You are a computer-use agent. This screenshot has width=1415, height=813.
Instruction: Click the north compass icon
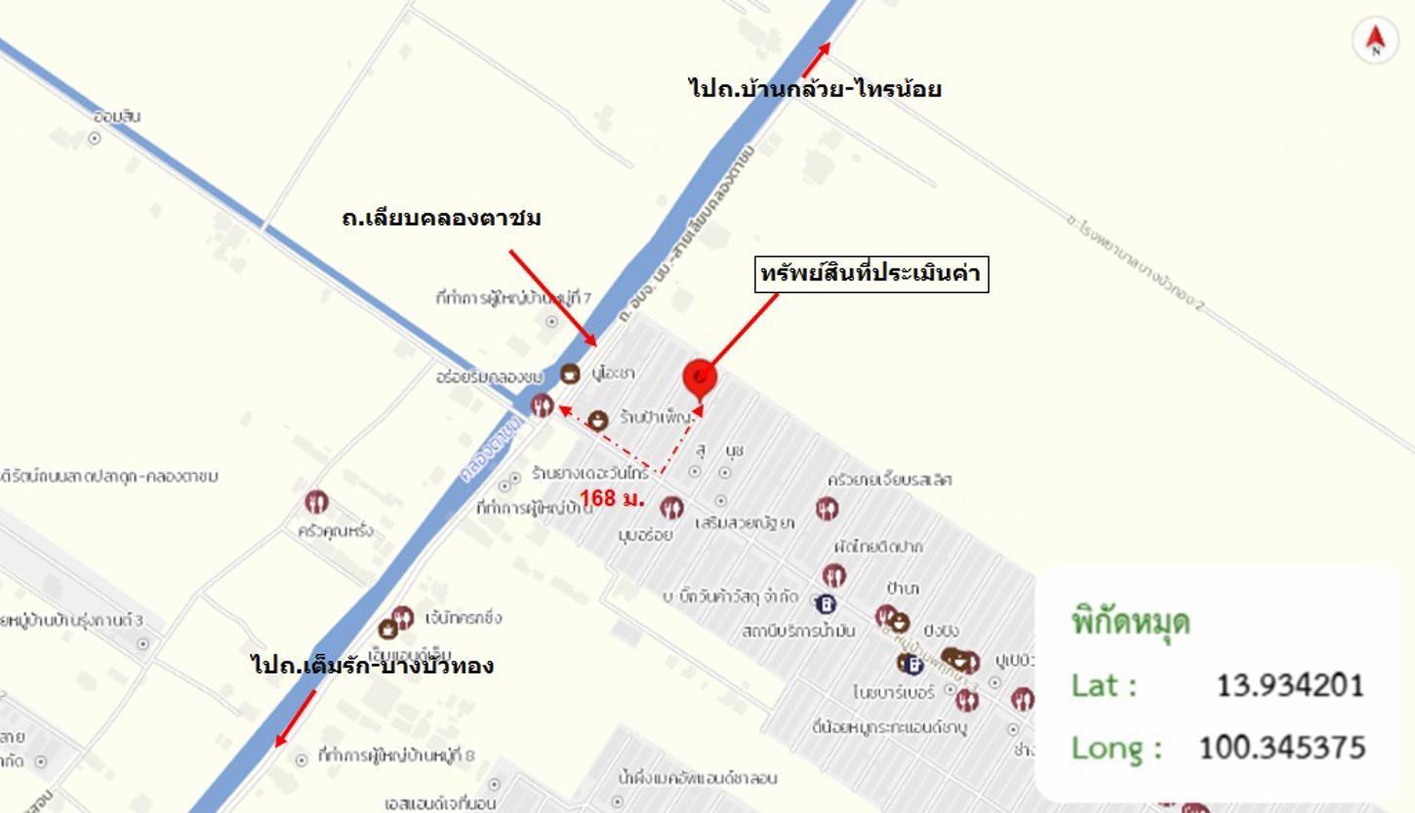tap(1375, 40)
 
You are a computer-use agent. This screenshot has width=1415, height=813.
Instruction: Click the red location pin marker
tap(700, 378)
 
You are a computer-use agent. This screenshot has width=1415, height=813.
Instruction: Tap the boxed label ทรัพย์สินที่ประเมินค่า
tap(871, 273)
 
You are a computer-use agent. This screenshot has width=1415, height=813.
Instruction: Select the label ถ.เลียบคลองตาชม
tap(441, 218)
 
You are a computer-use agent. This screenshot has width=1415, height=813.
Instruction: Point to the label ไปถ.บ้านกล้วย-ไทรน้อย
tap(814, 89)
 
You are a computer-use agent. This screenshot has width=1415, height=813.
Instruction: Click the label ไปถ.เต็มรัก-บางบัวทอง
tap(372, 666)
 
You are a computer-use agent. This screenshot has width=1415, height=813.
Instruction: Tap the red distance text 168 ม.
tap(612, 499)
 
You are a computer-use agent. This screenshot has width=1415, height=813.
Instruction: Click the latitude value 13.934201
tap(1289, 685)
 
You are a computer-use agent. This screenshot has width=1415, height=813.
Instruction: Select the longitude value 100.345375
tap(1280, 748)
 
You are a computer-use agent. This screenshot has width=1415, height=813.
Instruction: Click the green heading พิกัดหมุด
tap(1131, 622)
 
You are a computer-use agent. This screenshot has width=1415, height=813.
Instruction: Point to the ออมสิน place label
tap(117, 116)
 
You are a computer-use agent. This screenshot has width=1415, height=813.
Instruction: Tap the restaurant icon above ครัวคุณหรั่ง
tap(316, 503)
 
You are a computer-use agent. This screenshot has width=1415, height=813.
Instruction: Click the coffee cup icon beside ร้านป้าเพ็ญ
tap(597, 420)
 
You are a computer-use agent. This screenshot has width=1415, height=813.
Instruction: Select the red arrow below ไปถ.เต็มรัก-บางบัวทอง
tap(295, 718)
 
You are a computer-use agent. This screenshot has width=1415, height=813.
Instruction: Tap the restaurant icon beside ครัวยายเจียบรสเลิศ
tap(827, 508)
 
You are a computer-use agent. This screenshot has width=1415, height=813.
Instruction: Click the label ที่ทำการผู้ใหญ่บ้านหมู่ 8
tap(396, 755)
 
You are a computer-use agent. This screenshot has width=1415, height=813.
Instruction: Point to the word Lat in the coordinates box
tap(1104, 685)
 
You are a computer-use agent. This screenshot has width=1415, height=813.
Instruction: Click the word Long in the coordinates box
tap(1116, 748)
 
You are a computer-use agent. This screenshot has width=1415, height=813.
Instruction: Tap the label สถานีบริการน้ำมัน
tap(798, 630)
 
